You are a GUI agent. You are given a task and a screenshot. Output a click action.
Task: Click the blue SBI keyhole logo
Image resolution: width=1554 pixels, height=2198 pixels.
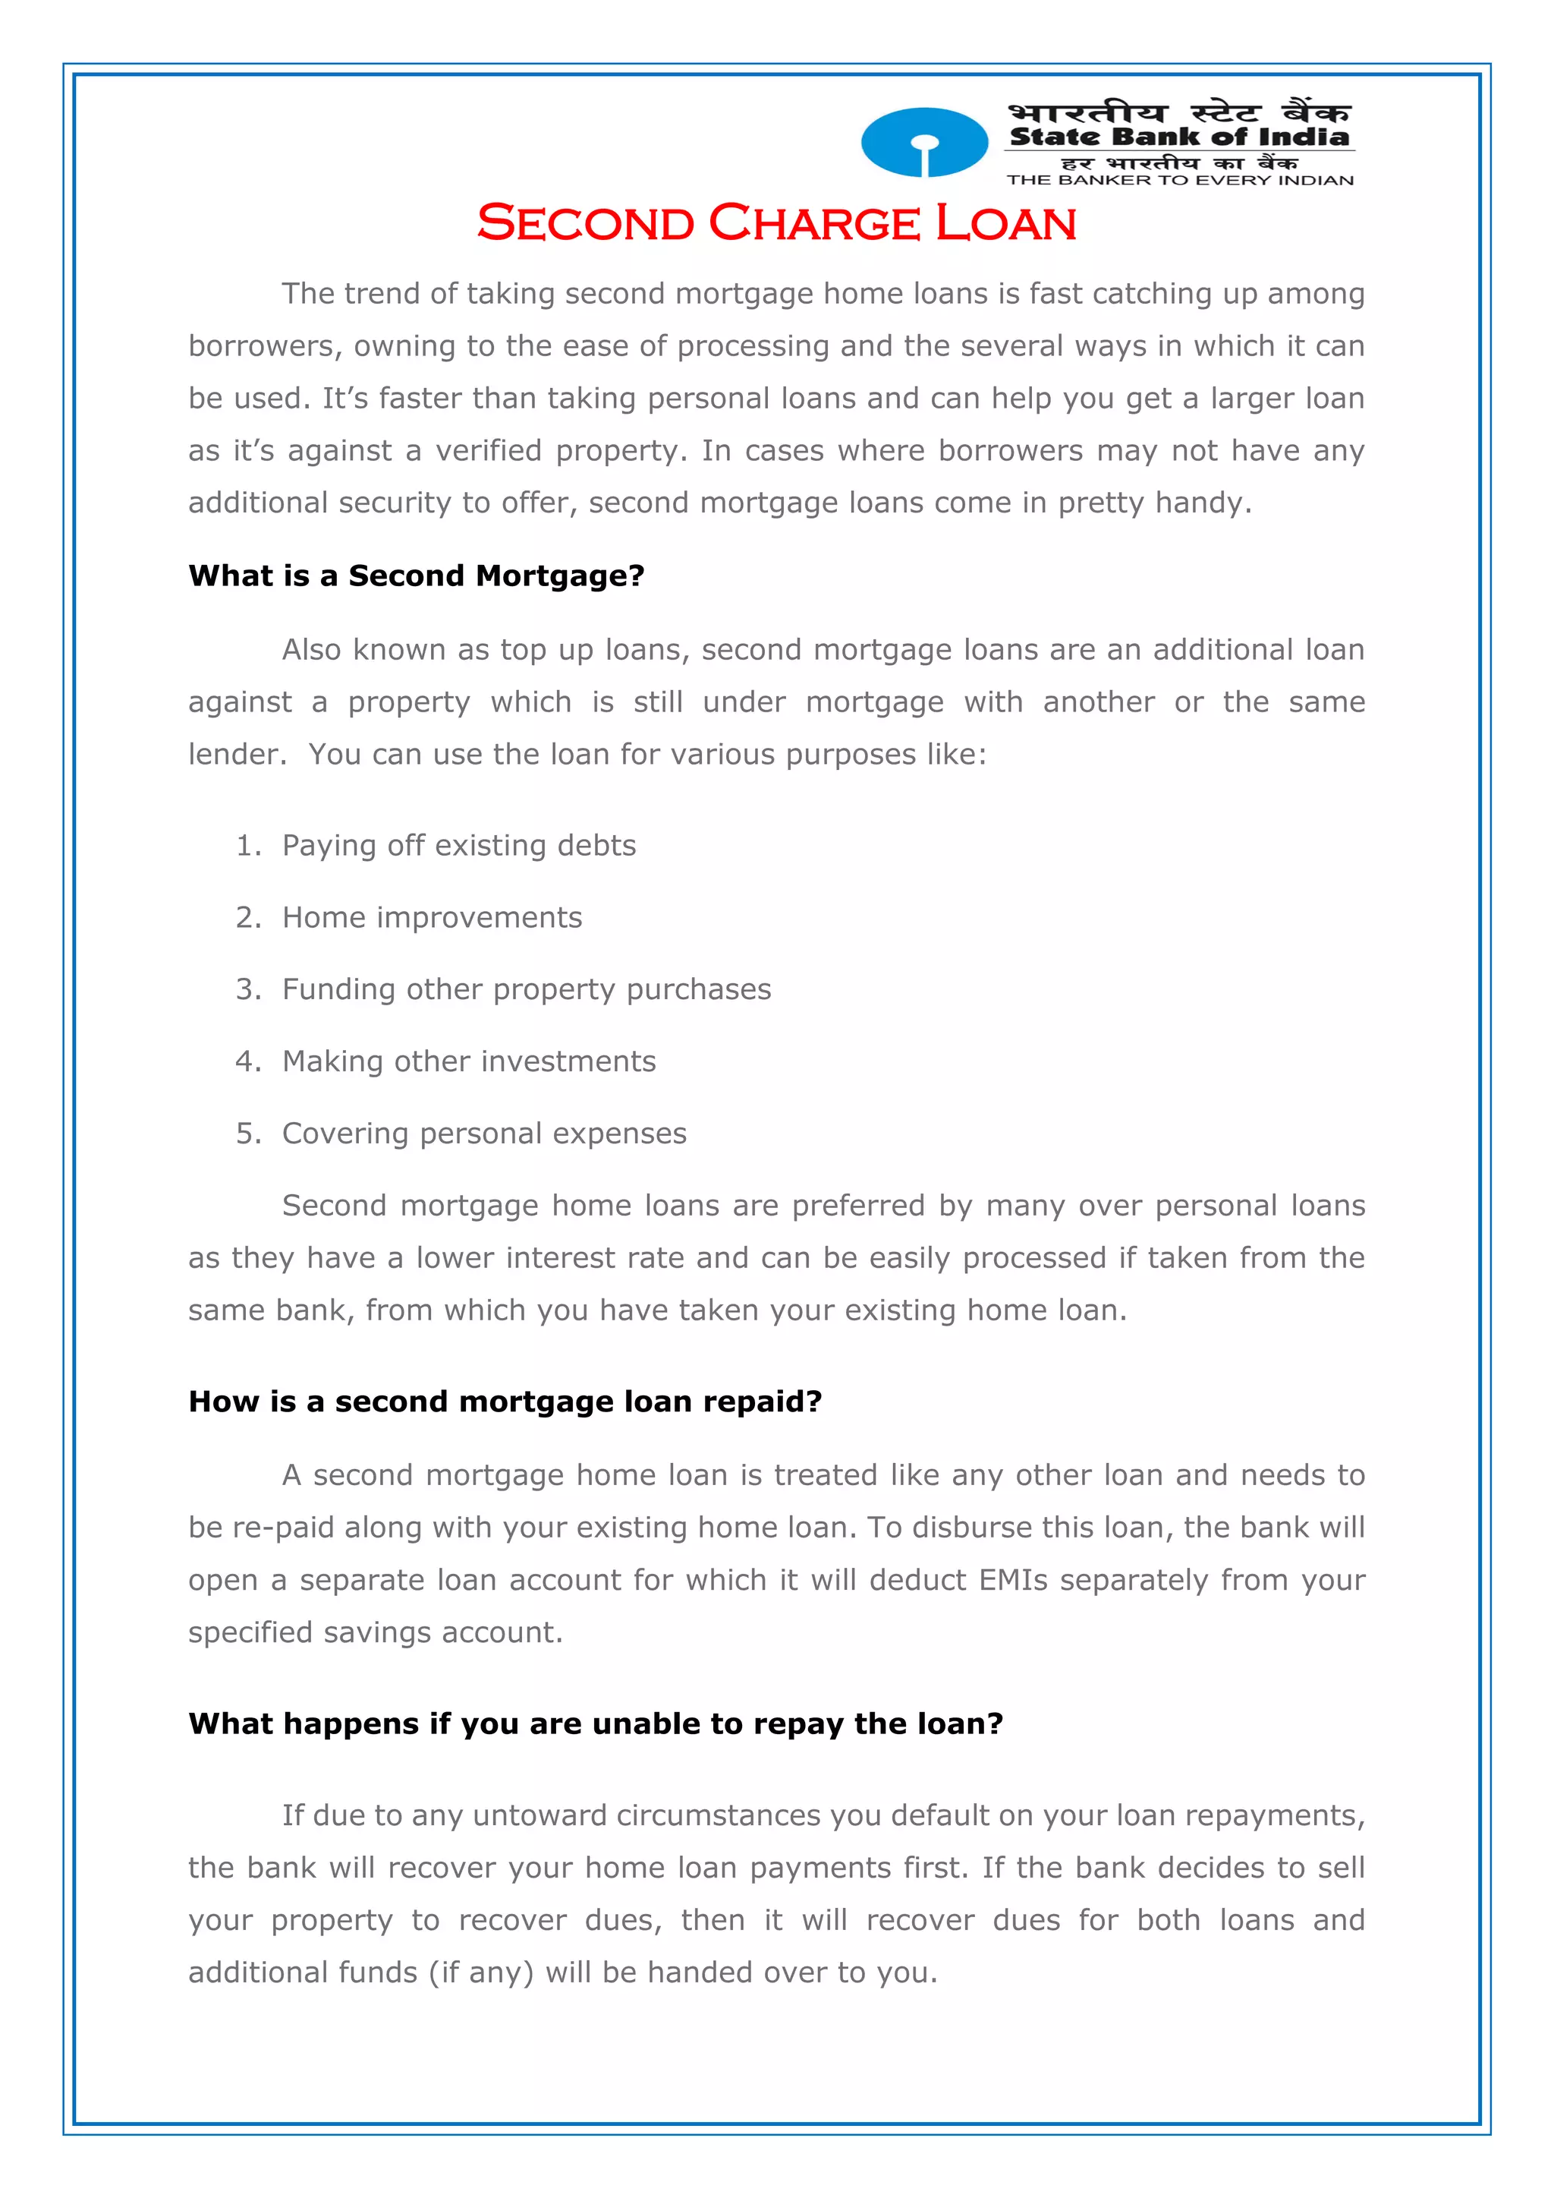[923, 143]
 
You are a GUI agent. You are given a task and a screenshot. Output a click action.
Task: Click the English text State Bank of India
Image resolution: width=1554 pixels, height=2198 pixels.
[1179, 137]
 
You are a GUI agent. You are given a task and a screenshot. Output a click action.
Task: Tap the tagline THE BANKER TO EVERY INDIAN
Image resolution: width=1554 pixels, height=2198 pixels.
[1179, 180]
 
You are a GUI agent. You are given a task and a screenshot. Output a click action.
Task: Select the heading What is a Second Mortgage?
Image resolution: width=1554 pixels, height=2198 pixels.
[417, 576]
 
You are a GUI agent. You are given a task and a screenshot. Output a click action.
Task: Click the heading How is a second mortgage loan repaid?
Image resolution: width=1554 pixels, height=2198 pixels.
[505, 1401]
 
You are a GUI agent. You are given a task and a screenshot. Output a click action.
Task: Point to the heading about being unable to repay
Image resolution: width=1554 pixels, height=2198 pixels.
[595, 1723]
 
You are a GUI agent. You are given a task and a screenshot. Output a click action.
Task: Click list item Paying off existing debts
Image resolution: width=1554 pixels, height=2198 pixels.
[458, 845]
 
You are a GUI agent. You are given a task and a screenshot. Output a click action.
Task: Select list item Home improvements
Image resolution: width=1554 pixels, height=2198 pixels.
[432, 917]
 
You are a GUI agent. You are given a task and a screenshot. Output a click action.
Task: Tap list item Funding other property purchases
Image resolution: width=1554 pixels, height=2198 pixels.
[527, 989]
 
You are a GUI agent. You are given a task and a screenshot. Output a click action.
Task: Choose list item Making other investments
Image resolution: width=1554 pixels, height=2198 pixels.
[469, 1061]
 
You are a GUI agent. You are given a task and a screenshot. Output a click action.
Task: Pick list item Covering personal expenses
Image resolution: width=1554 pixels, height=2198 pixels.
[484, 1134]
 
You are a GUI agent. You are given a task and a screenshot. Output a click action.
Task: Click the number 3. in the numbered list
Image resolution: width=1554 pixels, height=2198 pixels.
[248, 989]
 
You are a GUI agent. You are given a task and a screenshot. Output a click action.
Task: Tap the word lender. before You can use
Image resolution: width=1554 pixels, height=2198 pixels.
[236, 755]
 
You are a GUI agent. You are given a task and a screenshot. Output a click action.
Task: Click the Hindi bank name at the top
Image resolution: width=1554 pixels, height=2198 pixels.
[1179, 112]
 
